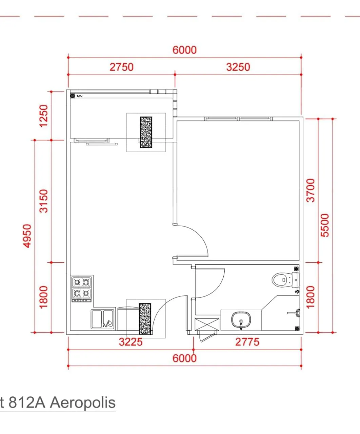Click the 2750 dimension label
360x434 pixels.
pyautogui.click(x=122, y=67)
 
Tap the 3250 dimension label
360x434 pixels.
pyautogui.click(x=238, y=67)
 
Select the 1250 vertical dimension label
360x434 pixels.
pyautogui.click(x=44, y=116)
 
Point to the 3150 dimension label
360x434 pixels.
pyautogui.click(x=44, y=201)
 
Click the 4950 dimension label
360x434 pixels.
pyautogui.click(x=27, y=236)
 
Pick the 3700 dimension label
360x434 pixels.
pyautogui.click(x=311, y=191)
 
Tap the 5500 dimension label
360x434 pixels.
pyautogui.click(x=325, y=225)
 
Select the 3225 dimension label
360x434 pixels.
pyautogui.click(x=131, y=342)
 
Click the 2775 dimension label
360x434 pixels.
pyautogui.click(x=247, y=342)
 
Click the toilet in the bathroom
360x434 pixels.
pyautogui.click(x=285, y=280)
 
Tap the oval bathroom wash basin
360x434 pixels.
pyautogui.click(x=241, y=319)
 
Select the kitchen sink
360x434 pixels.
pyautogui.click(x=102, y=319)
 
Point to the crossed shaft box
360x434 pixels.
pyautogui.click(x=207, y=324)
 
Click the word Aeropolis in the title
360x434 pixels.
pyautogui.click(x=83, y=402)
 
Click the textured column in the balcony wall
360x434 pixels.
pyautogui.click(x=146, y=132)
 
